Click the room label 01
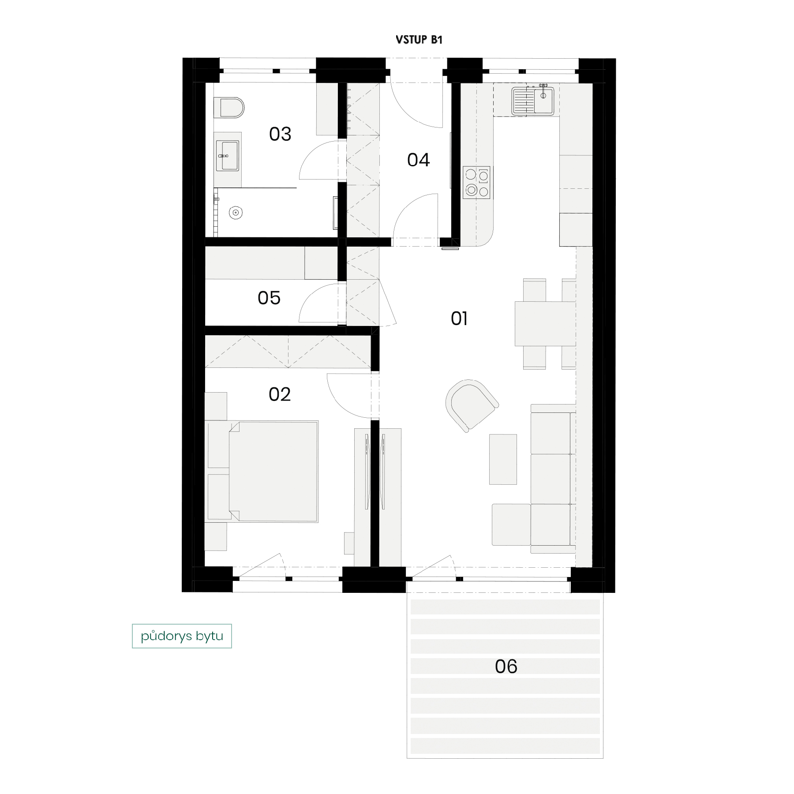[x=459, y=318]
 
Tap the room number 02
[x=280, y=394]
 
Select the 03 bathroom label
[x=280, y=134]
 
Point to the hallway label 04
[x=419, y=160]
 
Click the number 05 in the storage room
[x=269, y=298]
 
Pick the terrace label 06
[x=506, y=667]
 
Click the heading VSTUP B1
[x=419, y=40]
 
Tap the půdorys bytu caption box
[x=182, y=636]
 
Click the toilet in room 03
[x=229, y=108]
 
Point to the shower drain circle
[x=236, y=213]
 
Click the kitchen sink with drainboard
[x=533, y=101]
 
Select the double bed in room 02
[x=273, y=472]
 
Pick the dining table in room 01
[x=545, y=324]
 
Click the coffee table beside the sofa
[x=503, y=459]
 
